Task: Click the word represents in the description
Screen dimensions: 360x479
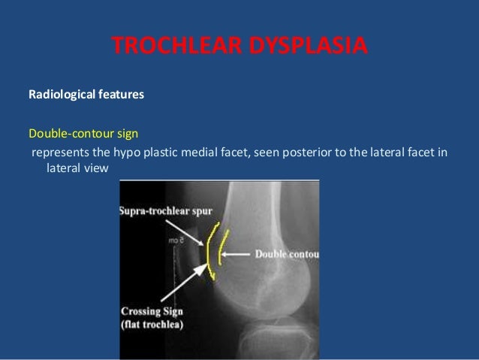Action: [59, 153]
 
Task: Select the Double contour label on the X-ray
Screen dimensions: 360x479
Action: [287, 254]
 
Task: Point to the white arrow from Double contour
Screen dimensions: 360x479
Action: [237, 254]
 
